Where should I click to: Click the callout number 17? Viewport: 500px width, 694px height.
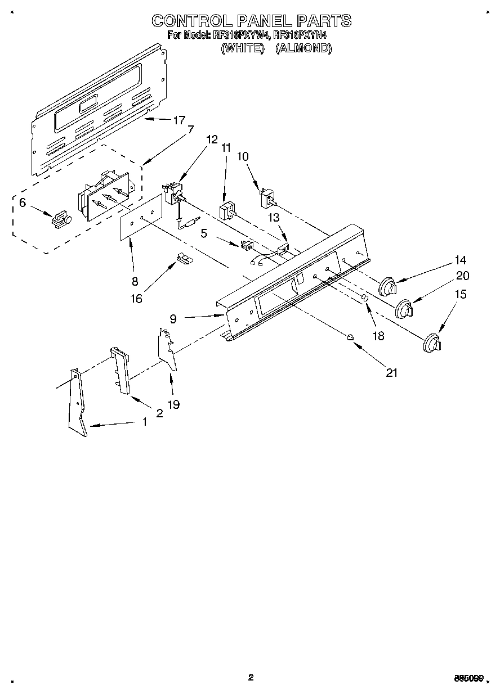(179, 120)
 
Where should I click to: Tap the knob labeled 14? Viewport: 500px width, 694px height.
(387, 287)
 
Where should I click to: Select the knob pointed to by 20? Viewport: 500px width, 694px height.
(404, 309)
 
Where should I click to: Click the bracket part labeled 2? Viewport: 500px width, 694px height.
(121, 371)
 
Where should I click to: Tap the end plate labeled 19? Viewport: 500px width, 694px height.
(168, 349)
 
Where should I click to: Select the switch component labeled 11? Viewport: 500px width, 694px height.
(226, 213)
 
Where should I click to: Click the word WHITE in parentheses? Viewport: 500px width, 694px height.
(243, 48)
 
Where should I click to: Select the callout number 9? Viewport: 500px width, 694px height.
(173, 319)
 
